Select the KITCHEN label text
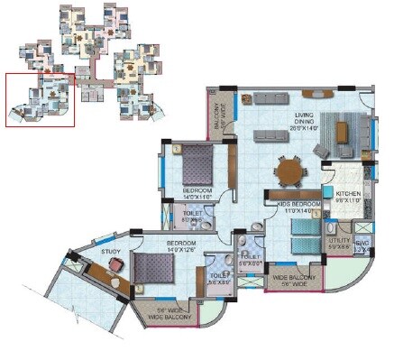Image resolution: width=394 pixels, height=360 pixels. (347, 194)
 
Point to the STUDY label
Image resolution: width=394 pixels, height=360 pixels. (111, 252)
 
